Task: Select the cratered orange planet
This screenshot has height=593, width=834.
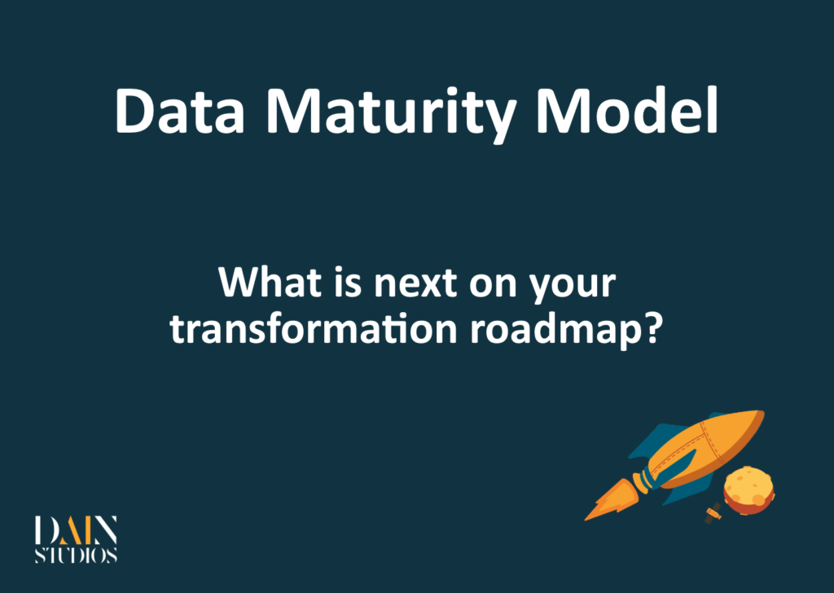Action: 748,490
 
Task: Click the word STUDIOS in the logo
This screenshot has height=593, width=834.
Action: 76,556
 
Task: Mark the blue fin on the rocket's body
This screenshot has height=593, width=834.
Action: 652,440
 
